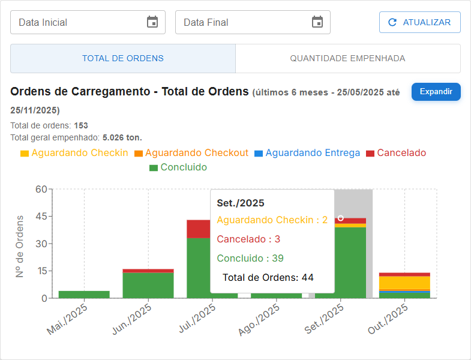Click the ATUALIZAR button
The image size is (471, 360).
(x=419, y=22)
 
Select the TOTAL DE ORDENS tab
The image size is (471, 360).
(x=122, y=59)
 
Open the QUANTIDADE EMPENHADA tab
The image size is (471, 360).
(x=347, y=59)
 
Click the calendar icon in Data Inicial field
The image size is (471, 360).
(x=152, y=22)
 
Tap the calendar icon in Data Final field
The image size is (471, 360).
(x=317, y=22)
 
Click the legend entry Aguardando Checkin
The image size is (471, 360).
(x=74, y=153)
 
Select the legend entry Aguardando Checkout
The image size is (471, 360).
(x=191, y=153)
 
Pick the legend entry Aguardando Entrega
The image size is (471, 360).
(x=307, y=153)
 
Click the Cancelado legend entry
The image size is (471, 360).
(x=396, y=153)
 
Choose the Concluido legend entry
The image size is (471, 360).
(x=178, y=167)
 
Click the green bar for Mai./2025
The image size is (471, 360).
(x=84, y=295)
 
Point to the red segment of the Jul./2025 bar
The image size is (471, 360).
(x=198, y=229)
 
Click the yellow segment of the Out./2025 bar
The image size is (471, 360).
(x=404, y=282)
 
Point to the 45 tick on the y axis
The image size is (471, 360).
(x=41, y=216)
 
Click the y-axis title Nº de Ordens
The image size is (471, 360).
(x=20, y=246)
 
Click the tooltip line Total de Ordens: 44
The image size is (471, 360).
(x=268, y=277)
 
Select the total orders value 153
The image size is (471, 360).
(x=81, y=126)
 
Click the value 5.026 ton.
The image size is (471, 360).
(x=122, y=137)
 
